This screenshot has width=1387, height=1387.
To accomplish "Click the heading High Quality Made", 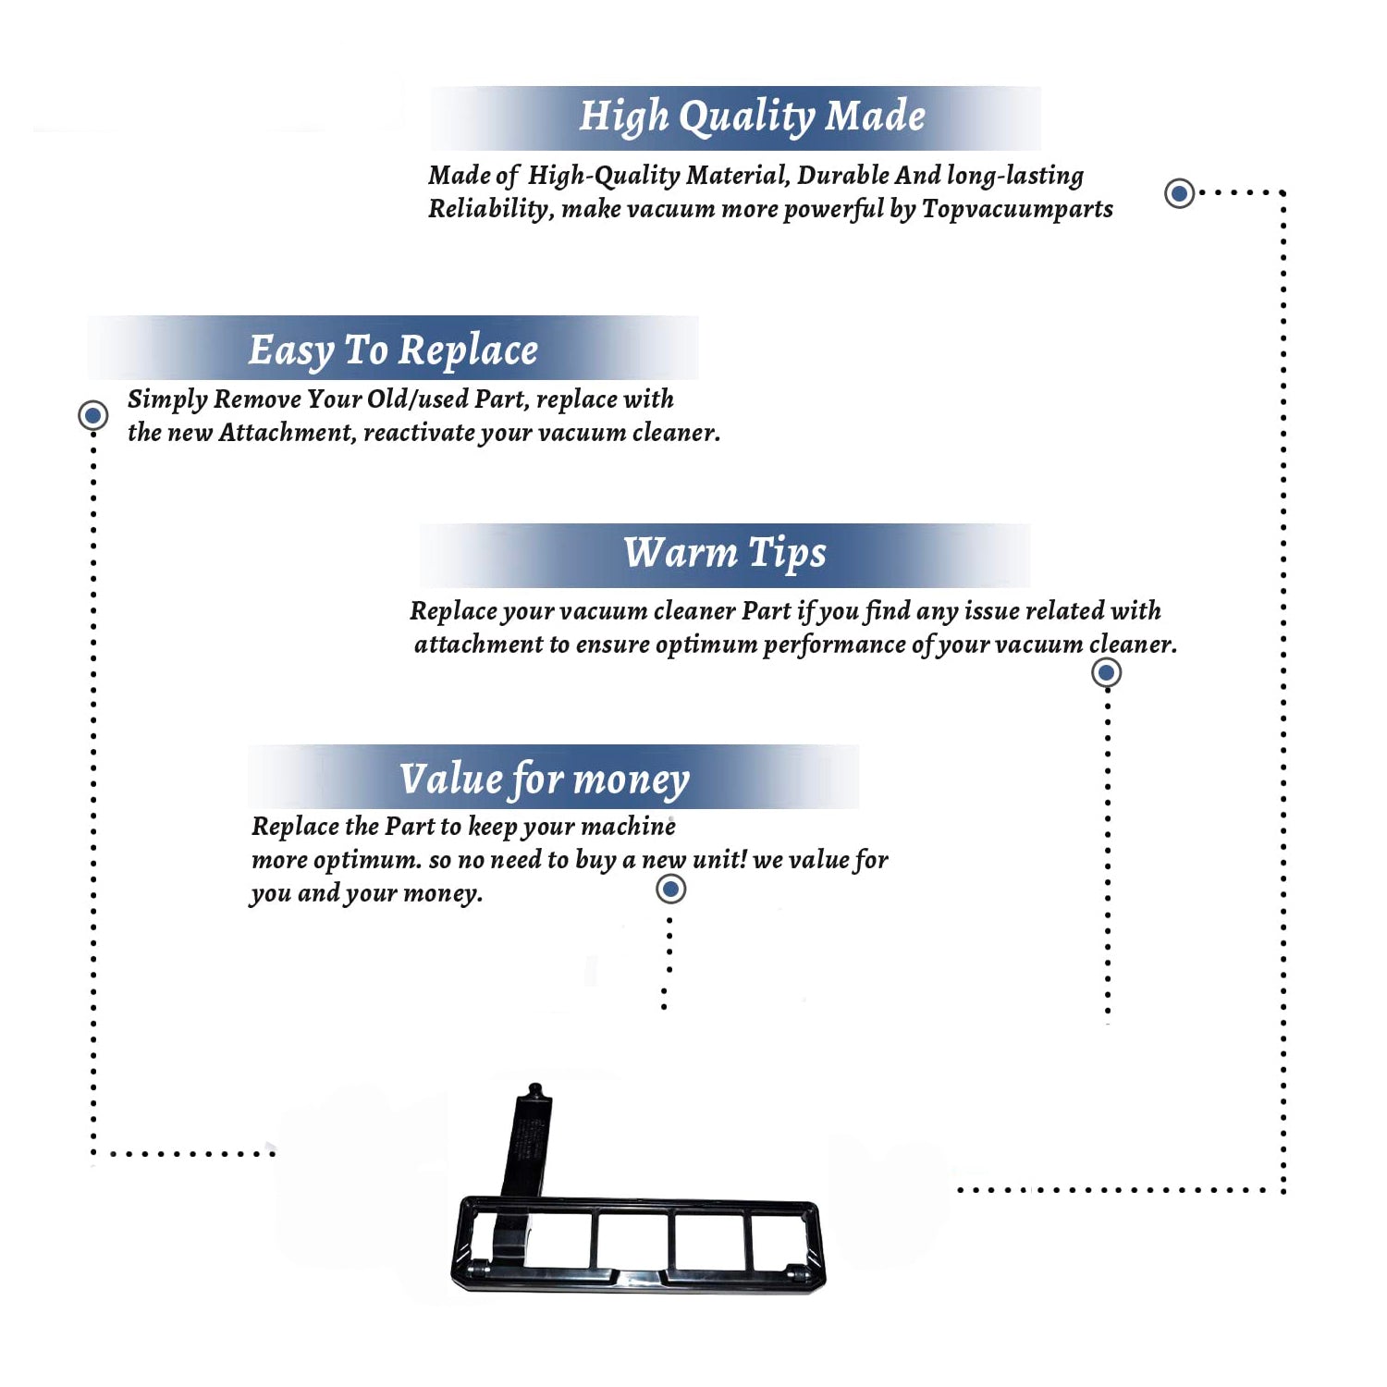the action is tap(752, 117).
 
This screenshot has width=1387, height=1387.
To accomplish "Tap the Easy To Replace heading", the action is tap(393, 351).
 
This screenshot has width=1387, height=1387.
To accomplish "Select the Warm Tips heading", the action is tap(724, 554).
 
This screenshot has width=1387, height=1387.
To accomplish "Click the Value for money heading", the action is tap(545, 779).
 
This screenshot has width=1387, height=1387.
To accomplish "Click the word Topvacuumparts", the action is tap(1017, 210).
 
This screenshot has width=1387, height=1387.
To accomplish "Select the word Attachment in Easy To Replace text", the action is tap(288, 433).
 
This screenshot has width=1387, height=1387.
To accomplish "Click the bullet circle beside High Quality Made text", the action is tap(1179, 193).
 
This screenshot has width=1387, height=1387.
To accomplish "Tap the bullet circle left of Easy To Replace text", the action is tap(92, 415).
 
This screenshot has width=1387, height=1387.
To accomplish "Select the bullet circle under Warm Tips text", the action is tap(1106, 672).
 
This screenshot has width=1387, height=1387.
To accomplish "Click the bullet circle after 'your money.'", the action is tap(670, 890).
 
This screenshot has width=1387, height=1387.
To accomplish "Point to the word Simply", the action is tap(167, 399).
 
